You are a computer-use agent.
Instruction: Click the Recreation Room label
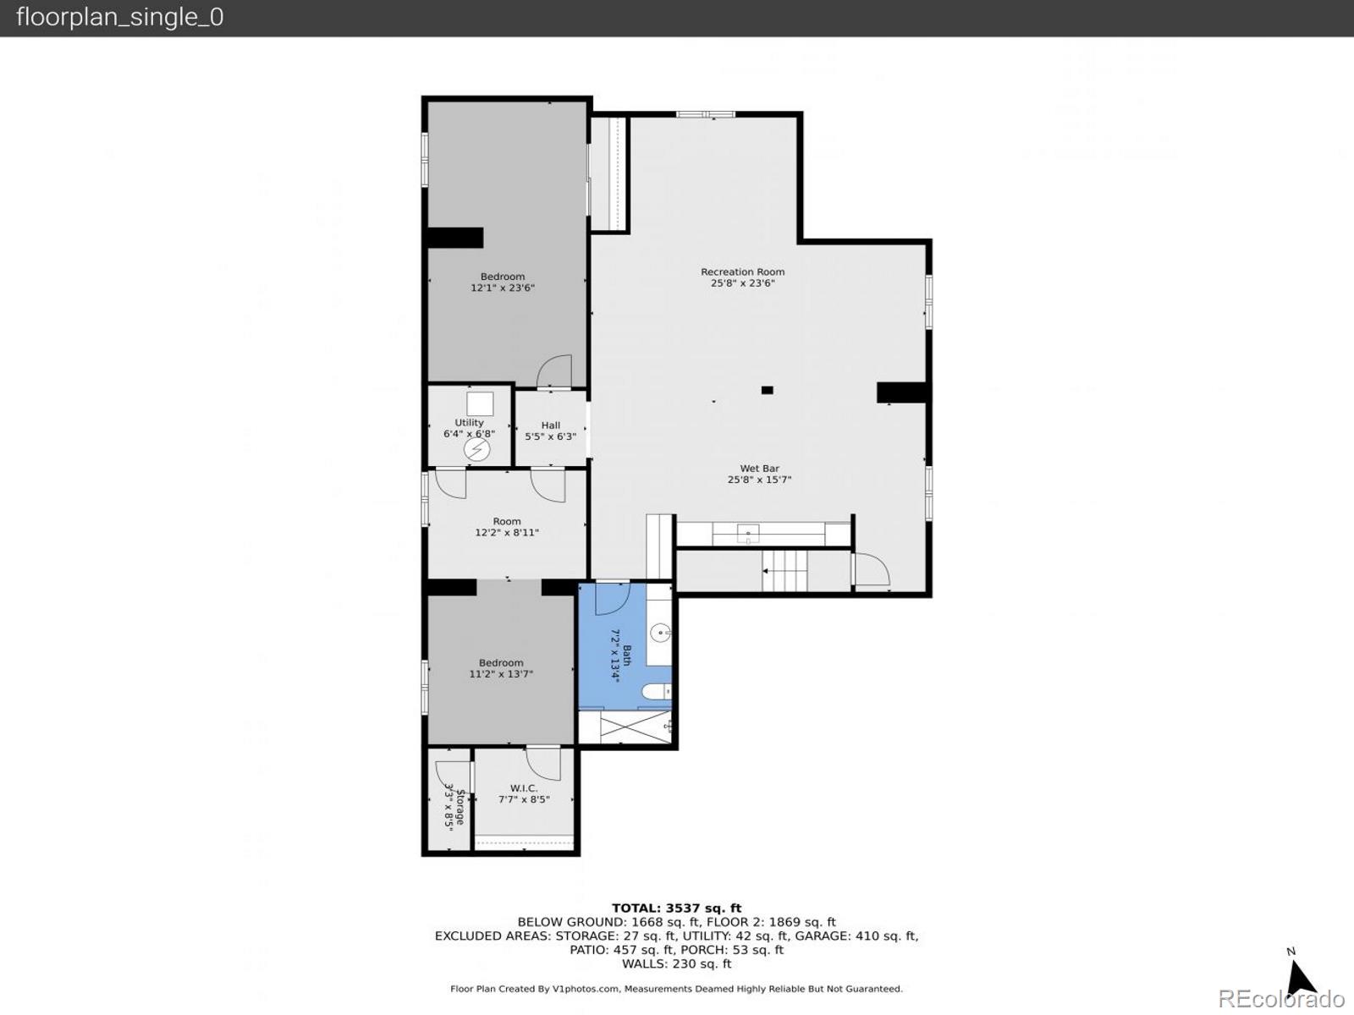742,272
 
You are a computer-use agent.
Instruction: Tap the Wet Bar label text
759,469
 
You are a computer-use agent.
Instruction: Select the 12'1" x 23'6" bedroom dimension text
503,288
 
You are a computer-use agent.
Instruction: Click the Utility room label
469,423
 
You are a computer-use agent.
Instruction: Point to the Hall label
551,425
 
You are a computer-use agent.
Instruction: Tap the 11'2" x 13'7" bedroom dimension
501,675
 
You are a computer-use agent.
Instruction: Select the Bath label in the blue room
627,656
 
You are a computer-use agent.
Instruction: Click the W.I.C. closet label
524,788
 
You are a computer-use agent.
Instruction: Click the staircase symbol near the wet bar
785,571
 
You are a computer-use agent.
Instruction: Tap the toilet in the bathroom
655,693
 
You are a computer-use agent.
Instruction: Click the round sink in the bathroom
661,631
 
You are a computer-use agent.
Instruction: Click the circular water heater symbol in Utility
476,449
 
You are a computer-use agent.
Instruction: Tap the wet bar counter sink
748,534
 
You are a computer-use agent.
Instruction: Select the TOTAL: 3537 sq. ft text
676,908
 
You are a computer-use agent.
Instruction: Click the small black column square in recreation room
767,390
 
